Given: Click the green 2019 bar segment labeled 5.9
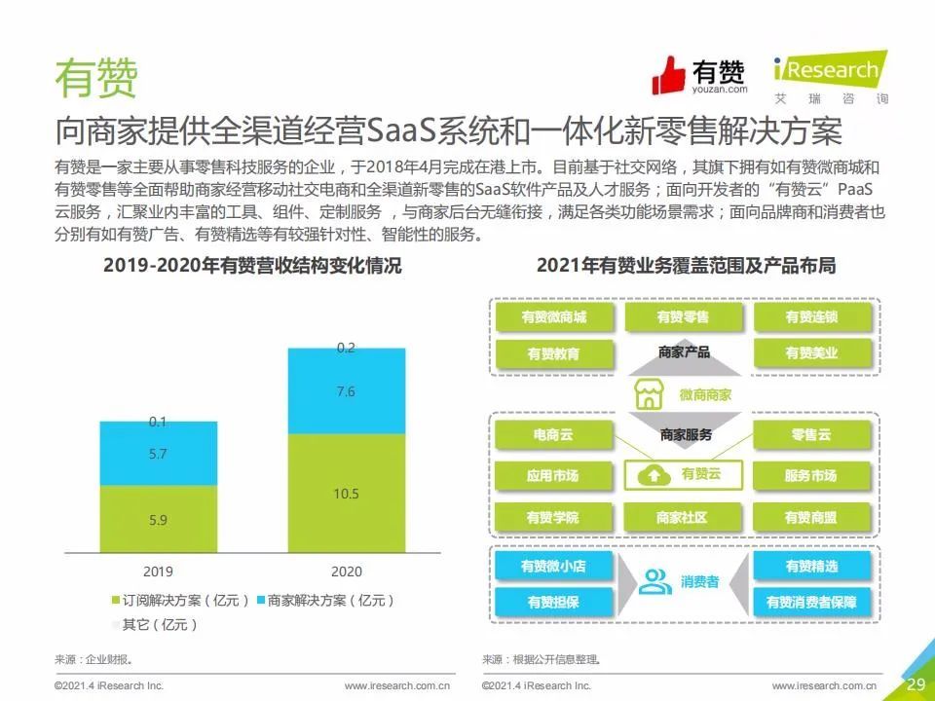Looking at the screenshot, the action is (158, 519).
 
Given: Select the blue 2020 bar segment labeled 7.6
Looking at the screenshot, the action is (347, 391).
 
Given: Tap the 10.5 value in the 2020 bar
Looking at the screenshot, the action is (346, 494).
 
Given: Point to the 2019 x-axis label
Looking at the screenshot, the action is (158, 572).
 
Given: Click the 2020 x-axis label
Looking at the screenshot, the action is (347, 572).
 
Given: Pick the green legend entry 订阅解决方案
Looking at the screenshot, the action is (180, 601).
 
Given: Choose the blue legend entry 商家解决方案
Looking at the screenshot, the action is (325, 601).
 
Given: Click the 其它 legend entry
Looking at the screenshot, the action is (155, 625).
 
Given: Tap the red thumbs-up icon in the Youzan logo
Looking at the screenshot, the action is (668, 76).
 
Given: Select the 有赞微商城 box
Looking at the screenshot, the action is (554, 316).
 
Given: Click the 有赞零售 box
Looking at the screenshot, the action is (684, 316).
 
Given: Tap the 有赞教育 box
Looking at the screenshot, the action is (554, 354).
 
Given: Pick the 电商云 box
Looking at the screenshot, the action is (554, 434).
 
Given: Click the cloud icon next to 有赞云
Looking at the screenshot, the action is (654, 475).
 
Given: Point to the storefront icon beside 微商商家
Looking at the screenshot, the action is (650, 394).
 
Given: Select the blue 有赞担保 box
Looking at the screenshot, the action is (554, 603).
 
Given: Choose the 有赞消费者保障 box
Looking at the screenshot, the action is (811, 603).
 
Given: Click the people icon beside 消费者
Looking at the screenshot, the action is (654, 582).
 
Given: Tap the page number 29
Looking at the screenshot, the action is (916, 683).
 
